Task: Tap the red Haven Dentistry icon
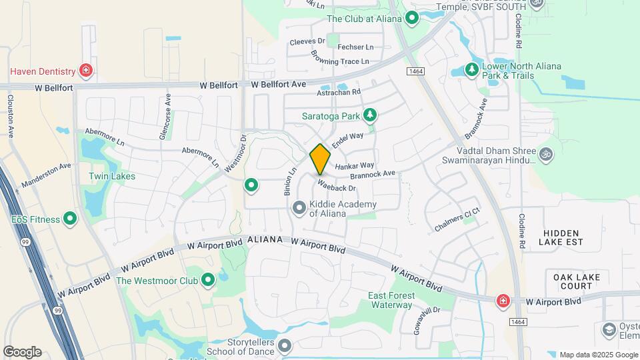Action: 85,70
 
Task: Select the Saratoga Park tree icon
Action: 370,116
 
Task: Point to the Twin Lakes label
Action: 112,177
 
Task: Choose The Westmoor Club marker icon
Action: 207,280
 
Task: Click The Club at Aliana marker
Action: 412,19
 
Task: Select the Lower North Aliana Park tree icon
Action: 472,69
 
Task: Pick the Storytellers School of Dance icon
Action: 285,345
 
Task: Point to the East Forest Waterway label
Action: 391,300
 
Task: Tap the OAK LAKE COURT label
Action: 577,281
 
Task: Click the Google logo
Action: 22,352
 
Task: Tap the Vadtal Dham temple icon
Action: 546,154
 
